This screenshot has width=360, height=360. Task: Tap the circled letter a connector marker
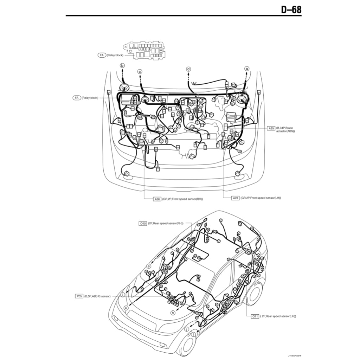click(x=247, y=69)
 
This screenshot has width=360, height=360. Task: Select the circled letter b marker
click(x=122, y=65)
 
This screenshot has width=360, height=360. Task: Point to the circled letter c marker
click(x=140, y=72)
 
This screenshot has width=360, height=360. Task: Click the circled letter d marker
click(x=188, y=69)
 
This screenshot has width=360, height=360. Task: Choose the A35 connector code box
click(x=271, y=129)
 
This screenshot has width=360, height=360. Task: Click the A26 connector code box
click(x=157, y=199)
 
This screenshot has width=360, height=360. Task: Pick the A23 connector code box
click(x=236, y=198)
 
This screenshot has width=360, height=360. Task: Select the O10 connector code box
click(x=143, y=223)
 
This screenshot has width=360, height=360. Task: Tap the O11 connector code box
click(x=255, y=316)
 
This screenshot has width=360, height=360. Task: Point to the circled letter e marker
click(x=149, y=266)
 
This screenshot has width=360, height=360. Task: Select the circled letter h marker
click(x=173, y=313)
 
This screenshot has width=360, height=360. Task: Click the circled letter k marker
click(x=126, y=308)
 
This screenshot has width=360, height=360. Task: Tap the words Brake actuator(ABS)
click(x=286, y=130)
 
